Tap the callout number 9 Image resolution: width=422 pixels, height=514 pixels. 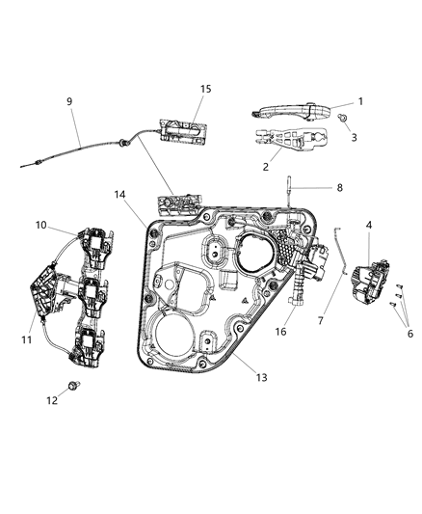point(68,101)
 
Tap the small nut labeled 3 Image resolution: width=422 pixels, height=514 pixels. point(343,117)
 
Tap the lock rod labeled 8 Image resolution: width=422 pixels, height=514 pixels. point(290,202)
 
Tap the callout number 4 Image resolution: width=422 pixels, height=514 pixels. point(369,225)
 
